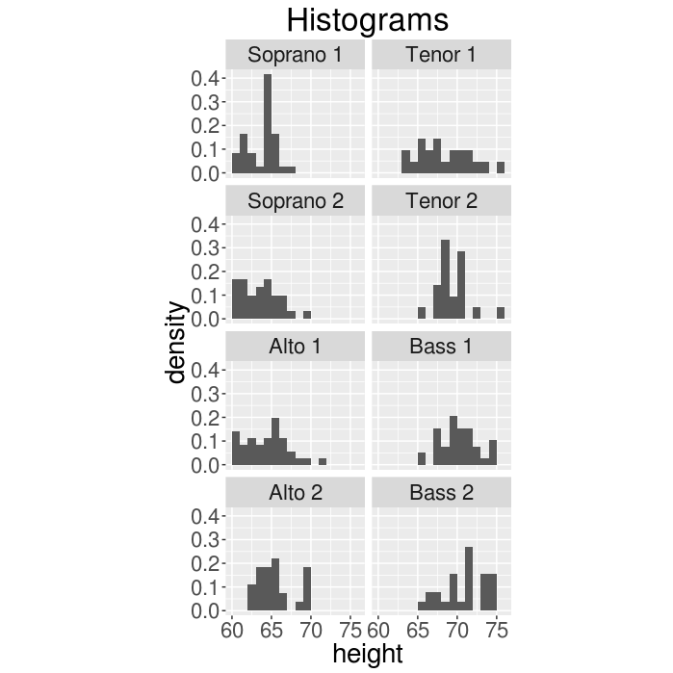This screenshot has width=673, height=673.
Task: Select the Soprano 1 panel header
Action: click(x=295, y=54)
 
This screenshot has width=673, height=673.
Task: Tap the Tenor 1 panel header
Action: click(x=440, y=54)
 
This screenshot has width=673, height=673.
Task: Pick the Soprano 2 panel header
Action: click(x=295, y=201)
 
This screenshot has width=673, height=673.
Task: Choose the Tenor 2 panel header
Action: click(x=440, y=201)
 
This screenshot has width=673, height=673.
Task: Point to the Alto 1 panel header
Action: click(x=295, y=347)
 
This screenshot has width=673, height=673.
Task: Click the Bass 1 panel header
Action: click(x=440, y=347)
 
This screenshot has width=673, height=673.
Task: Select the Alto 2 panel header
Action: click(x=295, y=493)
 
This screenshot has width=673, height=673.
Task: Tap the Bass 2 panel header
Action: click(x=440, y=493)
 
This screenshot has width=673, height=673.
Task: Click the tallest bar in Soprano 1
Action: click(x=268, y=124)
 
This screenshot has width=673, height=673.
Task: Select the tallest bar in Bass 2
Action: click(x=469, y=579)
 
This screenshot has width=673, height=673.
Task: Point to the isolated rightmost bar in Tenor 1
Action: click(x=501, y=168)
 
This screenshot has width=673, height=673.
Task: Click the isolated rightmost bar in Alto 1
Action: click(x=323, y=461)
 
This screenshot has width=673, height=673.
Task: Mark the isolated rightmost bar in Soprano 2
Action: click(x=307, y=315)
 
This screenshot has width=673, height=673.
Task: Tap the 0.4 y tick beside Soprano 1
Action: click(x=209, y=78)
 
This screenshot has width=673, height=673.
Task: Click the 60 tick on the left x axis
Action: click(x=232, y=631)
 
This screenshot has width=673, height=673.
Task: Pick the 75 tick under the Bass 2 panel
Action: click(x=496, y=631)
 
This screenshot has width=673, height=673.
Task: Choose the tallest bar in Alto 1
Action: click(x=275, y=442)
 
